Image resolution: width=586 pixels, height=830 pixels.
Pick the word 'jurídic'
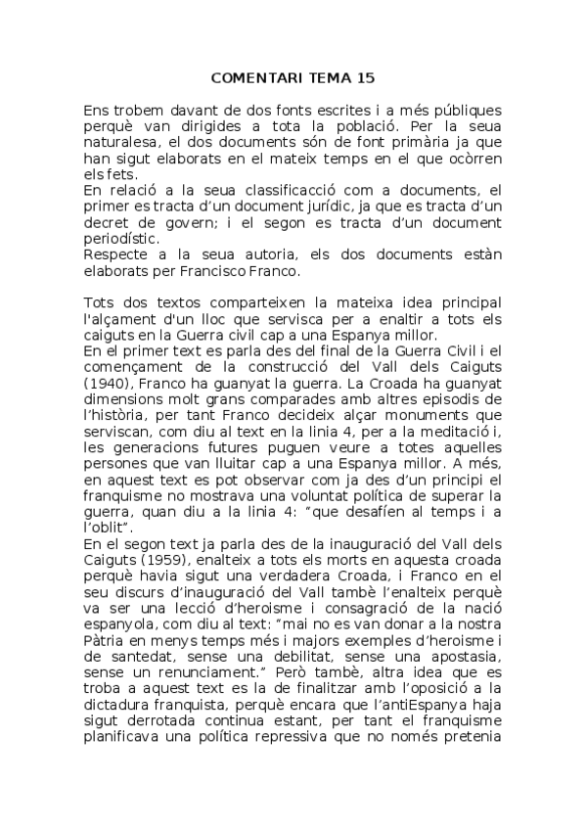coord(338,204)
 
